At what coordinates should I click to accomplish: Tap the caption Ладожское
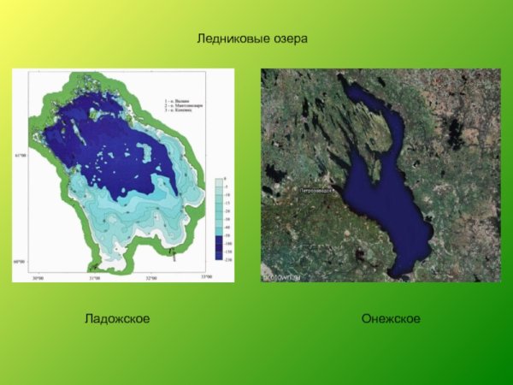117,319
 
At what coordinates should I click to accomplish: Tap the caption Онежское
391,319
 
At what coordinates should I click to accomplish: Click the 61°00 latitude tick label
19,155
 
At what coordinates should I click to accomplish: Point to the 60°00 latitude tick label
19,263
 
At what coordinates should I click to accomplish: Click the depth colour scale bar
219,219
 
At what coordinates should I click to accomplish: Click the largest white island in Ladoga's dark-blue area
145,157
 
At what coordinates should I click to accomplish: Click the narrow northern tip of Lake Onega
342,80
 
